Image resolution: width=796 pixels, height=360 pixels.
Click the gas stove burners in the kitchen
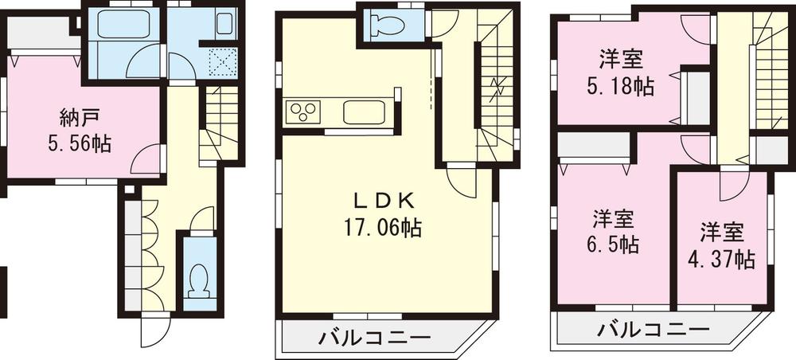(302, 111)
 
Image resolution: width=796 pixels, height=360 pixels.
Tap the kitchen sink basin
(365, 112)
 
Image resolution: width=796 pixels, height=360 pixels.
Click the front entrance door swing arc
(155, 331)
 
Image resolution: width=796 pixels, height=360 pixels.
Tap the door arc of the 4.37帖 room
(731, 189)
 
